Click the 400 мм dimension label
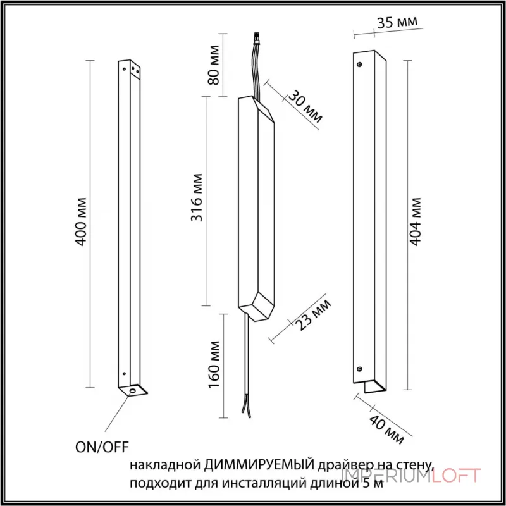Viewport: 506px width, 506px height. coord(81,222)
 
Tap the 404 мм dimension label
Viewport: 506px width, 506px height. coord(416,222)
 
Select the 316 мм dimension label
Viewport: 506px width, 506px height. coord(197,198)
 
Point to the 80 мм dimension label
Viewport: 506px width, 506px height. coord(213,65)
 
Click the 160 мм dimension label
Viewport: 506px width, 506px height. coord(214,365)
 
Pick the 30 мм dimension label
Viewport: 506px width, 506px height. coord(305,107)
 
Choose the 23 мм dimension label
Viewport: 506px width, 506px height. coord(314,314)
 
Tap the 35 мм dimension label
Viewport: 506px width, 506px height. coord(397,22)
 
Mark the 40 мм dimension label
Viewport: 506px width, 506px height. coord(386,429)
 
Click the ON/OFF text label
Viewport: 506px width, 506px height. coord(102,447)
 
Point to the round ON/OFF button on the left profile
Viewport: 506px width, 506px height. coord(132,391)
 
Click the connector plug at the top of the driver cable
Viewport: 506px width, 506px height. coord(257,39)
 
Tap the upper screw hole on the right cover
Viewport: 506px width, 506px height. coord(360,65)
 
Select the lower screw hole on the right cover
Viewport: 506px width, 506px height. coord(359,369)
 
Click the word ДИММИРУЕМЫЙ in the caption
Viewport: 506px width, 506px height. coord(259,466)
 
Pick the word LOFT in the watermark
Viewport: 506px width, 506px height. coord(456,476)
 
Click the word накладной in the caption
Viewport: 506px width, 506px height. coord(166,466)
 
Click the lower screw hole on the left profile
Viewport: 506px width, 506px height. coord(124,374)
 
